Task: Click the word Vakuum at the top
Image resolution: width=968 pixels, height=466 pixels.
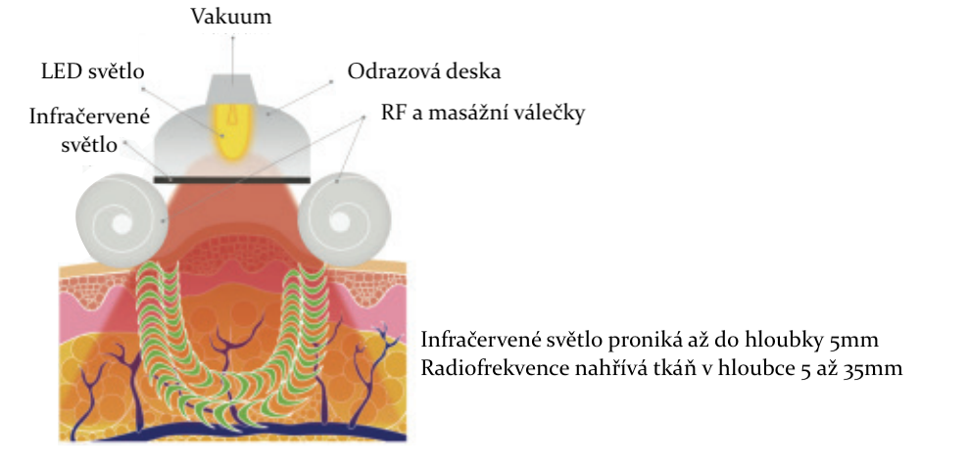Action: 232,17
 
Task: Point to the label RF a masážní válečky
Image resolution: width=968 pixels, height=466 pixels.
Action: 484,114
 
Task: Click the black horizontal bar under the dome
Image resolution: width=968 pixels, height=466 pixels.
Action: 232,180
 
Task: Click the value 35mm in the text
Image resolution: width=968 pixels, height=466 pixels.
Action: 880,369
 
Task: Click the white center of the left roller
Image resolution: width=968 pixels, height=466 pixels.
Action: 121,224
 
